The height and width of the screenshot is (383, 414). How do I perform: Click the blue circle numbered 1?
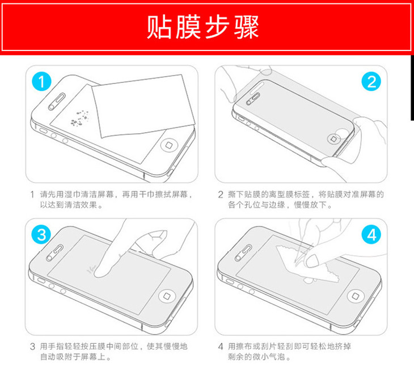[x=41, y=82]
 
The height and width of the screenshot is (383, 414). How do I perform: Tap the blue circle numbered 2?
[x=371, y=82]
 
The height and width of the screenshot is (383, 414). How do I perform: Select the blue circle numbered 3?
[x=41, y=234]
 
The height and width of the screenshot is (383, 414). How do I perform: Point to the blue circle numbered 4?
[x=371, y=234]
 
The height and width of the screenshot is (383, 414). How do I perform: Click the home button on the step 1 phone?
[x=169, y=145]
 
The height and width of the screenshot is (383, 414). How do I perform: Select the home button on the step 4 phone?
[x=356, y=296]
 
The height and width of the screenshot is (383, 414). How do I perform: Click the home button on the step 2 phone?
[x=333, y=138]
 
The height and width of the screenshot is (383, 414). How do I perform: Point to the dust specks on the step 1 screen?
[x=80, y=118]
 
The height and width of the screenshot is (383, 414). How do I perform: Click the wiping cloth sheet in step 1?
[x=143, y=106]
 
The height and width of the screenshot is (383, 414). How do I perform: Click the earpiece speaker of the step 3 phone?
[x=55, y=253]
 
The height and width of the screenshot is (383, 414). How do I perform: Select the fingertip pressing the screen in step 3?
[x=102, y=270]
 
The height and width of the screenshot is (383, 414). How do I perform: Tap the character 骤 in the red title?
[x=246, y=27]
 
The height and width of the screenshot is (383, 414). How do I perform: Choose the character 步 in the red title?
[x=217, y=27]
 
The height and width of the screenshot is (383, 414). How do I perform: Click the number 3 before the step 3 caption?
[x=32, y=346]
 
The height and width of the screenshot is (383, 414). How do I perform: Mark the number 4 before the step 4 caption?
[x=221, y=346]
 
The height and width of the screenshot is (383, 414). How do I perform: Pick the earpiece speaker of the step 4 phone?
[x=244, y=253]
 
